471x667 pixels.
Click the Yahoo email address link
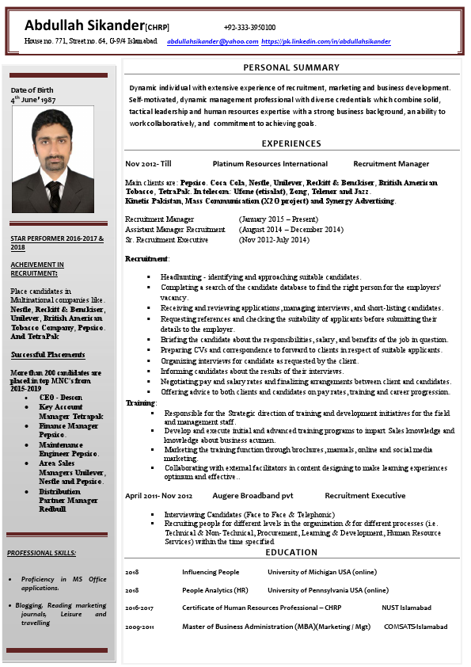[x=213, y=41]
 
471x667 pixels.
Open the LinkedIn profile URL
[x=325, y=41]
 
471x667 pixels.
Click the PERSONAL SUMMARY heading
[x=291, y=67]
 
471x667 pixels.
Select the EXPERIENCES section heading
[x=291, y=143]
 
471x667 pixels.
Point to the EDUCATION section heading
[x=291, y=552]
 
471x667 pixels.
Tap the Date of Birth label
[x=32, y=90]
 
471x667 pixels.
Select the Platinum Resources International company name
[x=270, y=164]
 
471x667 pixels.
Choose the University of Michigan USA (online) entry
[x=322, y=572]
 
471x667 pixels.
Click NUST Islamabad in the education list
[x=406, y=608]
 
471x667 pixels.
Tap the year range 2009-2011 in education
[x=139, y=627]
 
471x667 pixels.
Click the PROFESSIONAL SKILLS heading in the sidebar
[x=41, y=552]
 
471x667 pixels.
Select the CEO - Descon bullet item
[x=61, y=397]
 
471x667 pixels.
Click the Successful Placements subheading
[x=48, y=355]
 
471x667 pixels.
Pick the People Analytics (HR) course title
[x=215, y=590]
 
